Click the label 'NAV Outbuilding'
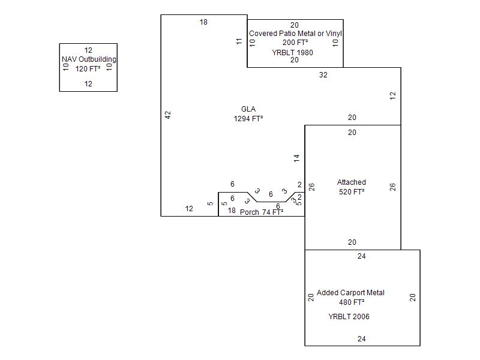tap(89, 59)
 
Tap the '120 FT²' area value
tap(88, 69)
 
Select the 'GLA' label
tap(248, 109)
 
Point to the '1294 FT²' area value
tap(248, 119)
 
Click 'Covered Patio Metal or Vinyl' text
tap(295, 34)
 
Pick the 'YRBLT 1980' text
tap(292, 53)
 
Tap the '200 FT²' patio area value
tap(295, 43)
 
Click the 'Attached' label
tap(352, 182)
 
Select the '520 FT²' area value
tap(352, 192)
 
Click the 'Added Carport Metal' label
tap(350, 293)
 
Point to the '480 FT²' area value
tap(350, 302)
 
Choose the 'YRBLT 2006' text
tap(349, 317)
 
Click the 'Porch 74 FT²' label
tap(262, 212)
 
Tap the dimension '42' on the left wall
tap(168, 115)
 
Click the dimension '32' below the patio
tap(323, 75)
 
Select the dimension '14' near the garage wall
tap(296, 158)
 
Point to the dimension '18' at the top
tap(203, 22)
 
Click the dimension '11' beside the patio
tap(239, 41)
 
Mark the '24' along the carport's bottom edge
tap(362, 339)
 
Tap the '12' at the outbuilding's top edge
tap(88, 50)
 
